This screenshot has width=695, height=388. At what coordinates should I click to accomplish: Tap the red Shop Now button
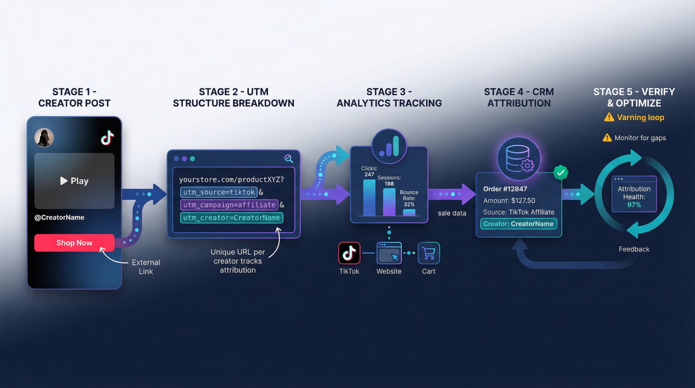coord(74,243)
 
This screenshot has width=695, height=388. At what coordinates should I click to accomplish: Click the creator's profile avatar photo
coord(44,138)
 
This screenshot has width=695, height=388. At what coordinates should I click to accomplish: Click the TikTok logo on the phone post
coord(107,138)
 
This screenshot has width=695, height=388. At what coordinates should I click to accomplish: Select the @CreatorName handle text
coord(59,217)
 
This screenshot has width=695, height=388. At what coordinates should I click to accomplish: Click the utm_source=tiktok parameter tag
coord(219,192)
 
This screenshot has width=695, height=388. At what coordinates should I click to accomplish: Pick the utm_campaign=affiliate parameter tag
coord(229,205)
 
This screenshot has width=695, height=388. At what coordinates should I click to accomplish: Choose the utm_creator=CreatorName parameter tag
coord(231,218)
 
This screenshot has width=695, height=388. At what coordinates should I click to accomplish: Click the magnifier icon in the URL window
coord(288,159)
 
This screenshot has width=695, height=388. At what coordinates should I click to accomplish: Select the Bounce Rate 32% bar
coord(409,212)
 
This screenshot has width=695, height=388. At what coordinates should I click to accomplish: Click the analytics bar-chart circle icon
coord(389,146)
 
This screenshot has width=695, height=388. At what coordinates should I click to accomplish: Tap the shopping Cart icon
coord(429,253)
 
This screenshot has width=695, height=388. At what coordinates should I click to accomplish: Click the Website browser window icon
coord(389,253)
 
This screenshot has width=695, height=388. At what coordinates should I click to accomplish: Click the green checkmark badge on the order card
coord(561,172)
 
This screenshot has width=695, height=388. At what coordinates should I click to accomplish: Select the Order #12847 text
coord(505,189)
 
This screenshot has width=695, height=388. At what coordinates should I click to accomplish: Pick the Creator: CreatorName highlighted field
coord(518,224)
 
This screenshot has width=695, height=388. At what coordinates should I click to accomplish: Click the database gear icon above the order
coord(519,159)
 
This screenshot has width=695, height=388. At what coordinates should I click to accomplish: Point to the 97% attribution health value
coord(634,205)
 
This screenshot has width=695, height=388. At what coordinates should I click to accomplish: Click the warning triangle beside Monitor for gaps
coord(607,138)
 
